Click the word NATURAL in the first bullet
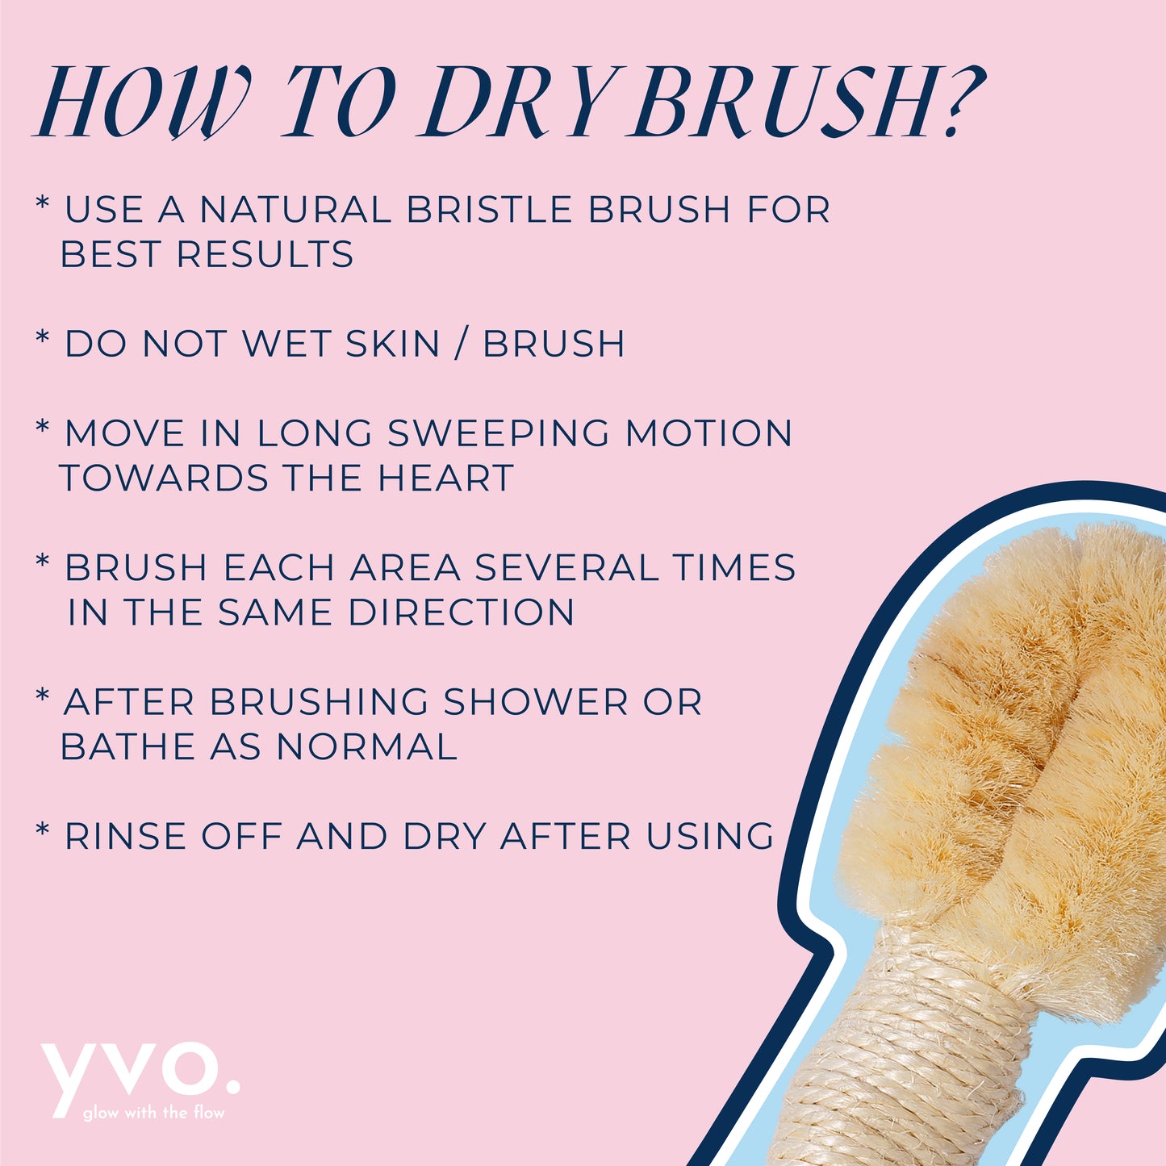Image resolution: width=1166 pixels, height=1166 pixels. coord(295,210)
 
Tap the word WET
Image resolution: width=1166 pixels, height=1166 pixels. coord(287,344)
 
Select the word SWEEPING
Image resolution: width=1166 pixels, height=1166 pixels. coord(498,433)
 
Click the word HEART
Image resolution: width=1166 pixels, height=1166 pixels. coord(445,478)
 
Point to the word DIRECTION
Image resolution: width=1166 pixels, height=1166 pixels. coord(462,612)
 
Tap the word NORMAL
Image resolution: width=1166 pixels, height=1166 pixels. coord(366,746)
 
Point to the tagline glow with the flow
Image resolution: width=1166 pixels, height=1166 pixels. coord(153,1113)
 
